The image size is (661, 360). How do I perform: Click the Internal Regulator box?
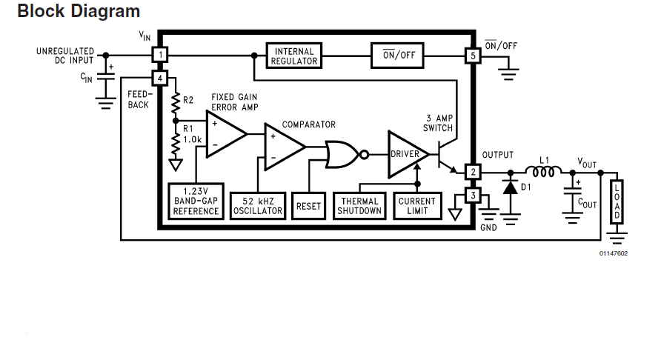tap(294, 56)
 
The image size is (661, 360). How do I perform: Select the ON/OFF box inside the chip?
tap(399, 56)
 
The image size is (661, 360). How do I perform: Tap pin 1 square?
tap(161, 55)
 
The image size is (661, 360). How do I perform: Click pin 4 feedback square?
tap(161, 79)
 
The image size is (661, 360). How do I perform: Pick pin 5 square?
tap(472, 56)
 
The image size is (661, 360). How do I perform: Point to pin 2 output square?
tap(472, 172)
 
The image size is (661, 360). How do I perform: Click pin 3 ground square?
tap(472, 196)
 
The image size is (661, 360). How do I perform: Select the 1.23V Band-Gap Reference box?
tap(196, 201)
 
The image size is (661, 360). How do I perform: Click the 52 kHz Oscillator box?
tap(257, 205)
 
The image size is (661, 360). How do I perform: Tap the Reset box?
tap(308, 205)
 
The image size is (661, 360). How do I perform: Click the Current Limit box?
tap(417, 205)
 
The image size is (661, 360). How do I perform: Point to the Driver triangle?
tap(406, 154)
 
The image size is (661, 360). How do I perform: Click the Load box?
tap(616, 201)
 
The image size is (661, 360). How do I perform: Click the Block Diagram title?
tap(78, 12)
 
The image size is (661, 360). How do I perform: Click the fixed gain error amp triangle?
tap(224, 135)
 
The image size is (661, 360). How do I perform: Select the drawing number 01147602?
tap(614, 254)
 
